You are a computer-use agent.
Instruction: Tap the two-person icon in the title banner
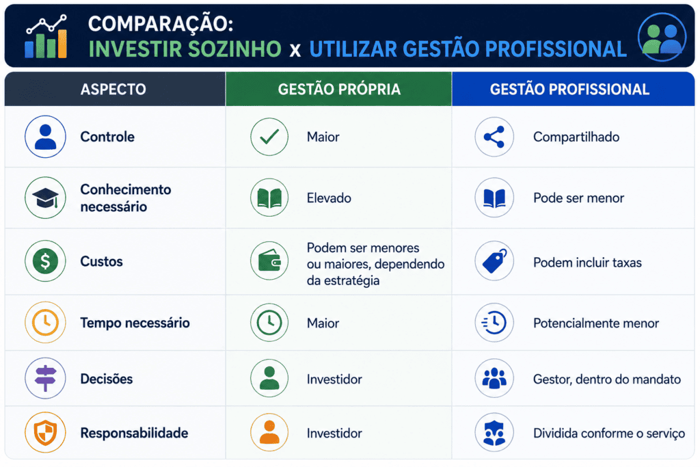click(662, 37)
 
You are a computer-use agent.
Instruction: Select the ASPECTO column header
click(113, 90)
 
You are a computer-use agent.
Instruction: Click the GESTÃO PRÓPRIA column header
click(339, 90)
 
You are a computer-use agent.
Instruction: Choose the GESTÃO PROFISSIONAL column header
click(569, 90)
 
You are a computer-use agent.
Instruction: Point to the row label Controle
click(107, 137)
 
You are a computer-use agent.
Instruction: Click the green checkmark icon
click(269, 137)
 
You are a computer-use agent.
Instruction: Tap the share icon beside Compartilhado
click(494, 137)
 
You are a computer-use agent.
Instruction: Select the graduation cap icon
click(45, 198)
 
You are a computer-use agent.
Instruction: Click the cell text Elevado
click(329, 198)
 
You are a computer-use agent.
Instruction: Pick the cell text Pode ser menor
click(578, 198)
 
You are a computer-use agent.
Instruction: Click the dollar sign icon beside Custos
click(45, 261)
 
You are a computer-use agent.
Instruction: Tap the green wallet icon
click(269, 261)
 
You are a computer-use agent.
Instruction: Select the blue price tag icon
click(494, 261)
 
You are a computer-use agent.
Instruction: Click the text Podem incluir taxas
click(587, 263)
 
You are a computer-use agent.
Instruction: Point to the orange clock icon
click(45, 322)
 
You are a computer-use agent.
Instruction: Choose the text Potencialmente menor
click(596, 323)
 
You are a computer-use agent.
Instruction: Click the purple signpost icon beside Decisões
click(45, 378)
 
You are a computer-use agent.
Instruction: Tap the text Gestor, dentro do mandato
click(607, 379)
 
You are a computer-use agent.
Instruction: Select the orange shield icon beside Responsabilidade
click(45, 433)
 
